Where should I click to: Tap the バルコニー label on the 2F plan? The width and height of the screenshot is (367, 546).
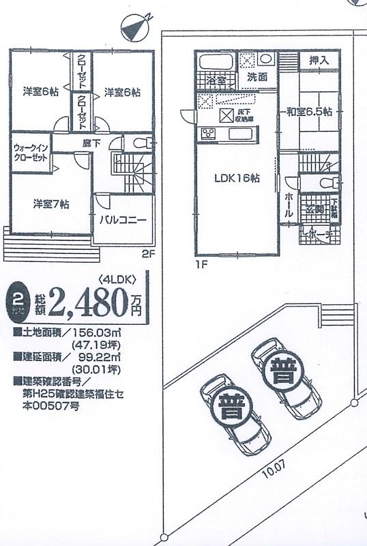pyautogui.click(x=123, y=220)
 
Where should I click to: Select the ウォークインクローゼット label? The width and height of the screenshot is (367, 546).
pyautogui.click(x=31, y=152)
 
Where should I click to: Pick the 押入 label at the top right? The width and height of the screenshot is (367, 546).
pyautogui.click(x=319, y=61)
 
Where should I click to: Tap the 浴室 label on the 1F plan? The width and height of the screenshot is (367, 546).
pyautogui.click(x=215, y=81)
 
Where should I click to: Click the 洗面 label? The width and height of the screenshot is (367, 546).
pyautogui.click(x=256, y=77)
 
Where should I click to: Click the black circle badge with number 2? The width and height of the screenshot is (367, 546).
pyautogui.click(x=15, y=301)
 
